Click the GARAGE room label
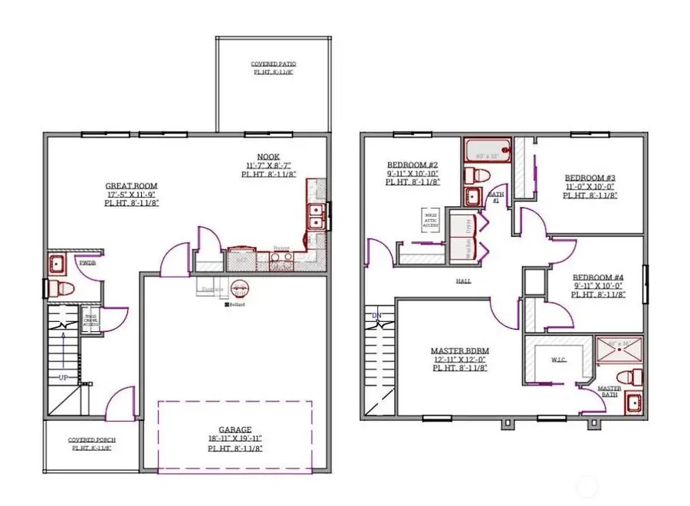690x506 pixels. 235,429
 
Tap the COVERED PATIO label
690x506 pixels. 273,64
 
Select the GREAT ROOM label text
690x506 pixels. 132,186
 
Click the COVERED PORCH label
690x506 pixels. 90,439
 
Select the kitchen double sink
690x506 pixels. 314,215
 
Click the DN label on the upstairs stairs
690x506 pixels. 376,315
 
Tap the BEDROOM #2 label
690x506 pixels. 412,165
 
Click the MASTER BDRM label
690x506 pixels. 459,350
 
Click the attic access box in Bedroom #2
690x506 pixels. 429,217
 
